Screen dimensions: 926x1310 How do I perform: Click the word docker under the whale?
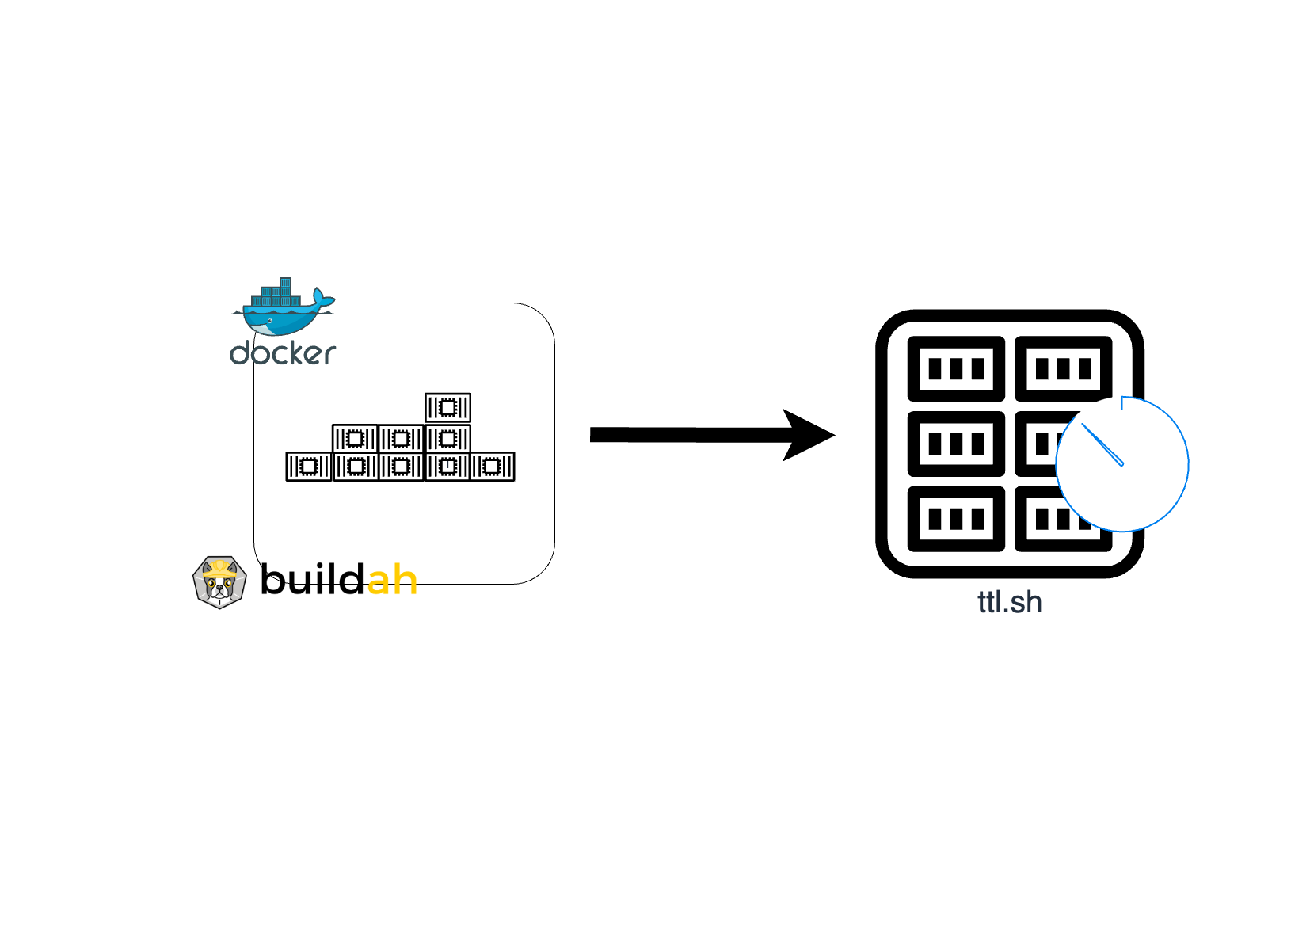pyautogui.click(x=283, y=353)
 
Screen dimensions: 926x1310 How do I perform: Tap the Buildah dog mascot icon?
pyautogui.click(x=219, y=582)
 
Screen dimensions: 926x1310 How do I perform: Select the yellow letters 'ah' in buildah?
pyautogui.click(x=392, y=581)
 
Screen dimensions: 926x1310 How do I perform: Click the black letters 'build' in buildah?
pyautogui.click(x=312, y=580)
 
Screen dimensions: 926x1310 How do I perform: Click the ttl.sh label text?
pyautogui.click(x=1009, y=602)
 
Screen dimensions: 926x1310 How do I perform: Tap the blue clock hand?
pyautogui.click(x=1102, y=445)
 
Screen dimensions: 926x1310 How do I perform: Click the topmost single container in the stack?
pyautogui.click(x=447, y=407)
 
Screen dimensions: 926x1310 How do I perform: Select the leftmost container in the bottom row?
pyautogui.click(x=308, y=467)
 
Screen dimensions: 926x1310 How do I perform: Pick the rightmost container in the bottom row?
pyautogui.click(x=493, y=467)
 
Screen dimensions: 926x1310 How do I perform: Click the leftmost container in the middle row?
pyautogui.click(x=354, y=438)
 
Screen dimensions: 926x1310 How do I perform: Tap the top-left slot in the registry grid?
pyautogui.click(x=956, y=368)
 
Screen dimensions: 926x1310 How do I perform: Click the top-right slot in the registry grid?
pyautogui.click(x=1063, y=368)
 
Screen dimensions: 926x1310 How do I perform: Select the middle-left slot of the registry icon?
pyautogui.click(x=956, y=444)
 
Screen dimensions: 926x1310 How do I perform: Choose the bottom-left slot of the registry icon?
pyautogui.click(x=956, y=519)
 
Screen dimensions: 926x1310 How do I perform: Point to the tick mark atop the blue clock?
pyautogui.click(x=1122, y=403)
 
